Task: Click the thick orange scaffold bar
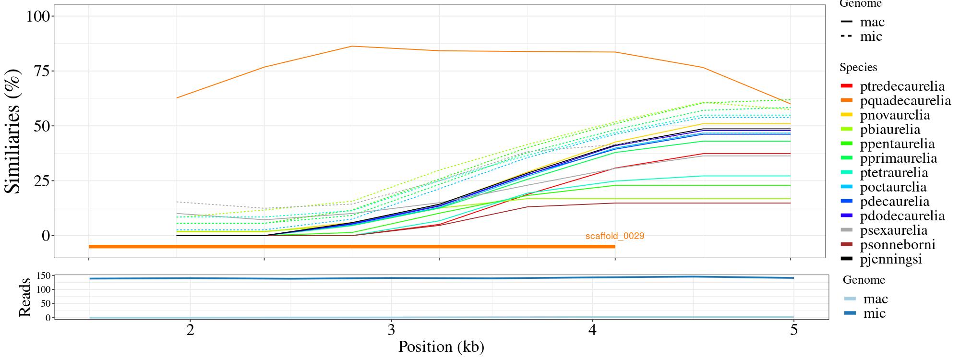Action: [351, 247]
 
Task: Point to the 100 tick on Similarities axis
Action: [38, 16]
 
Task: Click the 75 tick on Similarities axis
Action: [42, 71]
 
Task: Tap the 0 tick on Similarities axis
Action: [46, 236]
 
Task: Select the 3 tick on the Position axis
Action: [391, 330]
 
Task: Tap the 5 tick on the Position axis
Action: [793, 330]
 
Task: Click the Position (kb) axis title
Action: [441, 347]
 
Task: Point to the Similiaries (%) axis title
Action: [13, 131]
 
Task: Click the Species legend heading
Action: [858, 68]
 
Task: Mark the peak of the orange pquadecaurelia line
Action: [352, 47]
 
